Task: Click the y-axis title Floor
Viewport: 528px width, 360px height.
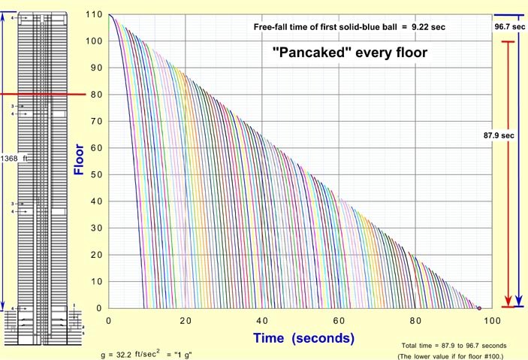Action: pyautogui.click(x=78, y=160)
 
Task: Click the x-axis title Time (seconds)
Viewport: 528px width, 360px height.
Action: pyautogui.click(x=303, y=337)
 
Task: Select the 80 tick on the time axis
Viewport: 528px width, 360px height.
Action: pyautogui.click(x=416, y=320)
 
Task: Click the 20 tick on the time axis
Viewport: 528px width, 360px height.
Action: pyautogui.click(x=186, y=320)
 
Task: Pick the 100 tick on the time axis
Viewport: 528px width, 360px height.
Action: pyautogui.click(x=492, y=320)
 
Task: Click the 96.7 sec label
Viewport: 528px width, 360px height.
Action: pyautogui.click(x=508, y=26)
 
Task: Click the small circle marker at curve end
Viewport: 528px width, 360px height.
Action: pyautogui.click(x=479, y=308)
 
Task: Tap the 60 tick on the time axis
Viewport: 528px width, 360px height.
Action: pyautogui.click(x=339, y=320)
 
